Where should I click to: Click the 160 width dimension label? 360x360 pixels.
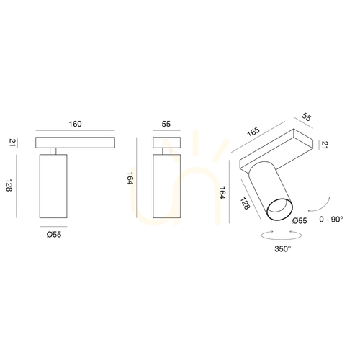[x=75, y=124]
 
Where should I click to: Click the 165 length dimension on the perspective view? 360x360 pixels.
[x=253, y=132]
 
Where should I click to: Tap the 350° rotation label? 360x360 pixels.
[x=283, y=249]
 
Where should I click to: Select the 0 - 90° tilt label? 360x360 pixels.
[x=331, y=219]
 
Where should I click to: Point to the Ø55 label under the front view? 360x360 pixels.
[x=54, y=235]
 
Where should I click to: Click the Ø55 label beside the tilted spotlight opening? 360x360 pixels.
[x=300, y=221]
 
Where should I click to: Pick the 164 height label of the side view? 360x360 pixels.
[x=130, y=179]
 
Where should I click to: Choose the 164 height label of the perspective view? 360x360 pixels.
[x=222, y=193]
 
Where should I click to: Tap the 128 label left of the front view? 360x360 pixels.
[x=9, y=185]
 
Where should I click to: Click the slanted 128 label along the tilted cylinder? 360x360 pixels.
[x=245, y=203]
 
